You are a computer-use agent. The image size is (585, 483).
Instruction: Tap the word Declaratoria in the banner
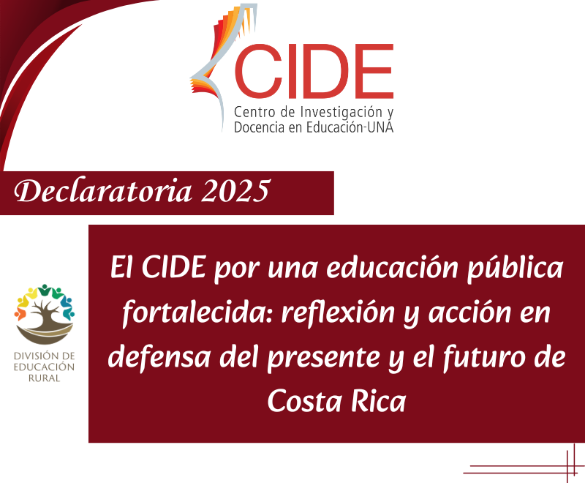click(102, 191)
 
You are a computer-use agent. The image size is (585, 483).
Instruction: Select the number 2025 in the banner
click(235, 191)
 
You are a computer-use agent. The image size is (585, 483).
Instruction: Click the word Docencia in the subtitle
click(257, 127)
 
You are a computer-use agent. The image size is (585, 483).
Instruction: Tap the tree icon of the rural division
click(45, 314)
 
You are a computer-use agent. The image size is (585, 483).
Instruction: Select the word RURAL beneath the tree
click(45, 378)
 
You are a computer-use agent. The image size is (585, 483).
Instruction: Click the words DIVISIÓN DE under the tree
click(45, 356)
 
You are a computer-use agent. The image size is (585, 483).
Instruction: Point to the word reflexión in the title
click(338, 312)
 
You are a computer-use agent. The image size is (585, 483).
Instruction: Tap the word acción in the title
click(469, 312)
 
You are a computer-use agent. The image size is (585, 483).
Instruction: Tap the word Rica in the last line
click(378, 401)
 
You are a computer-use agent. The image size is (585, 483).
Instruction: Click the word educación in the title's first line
click(393, 268)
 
